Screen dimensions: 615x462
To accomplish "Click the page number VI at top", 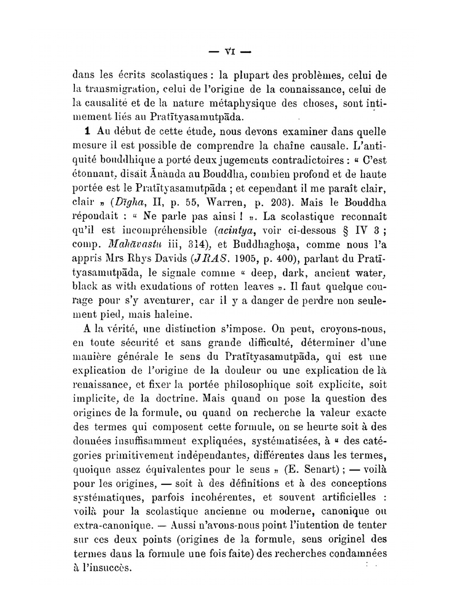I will click(x=229, y=52).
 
